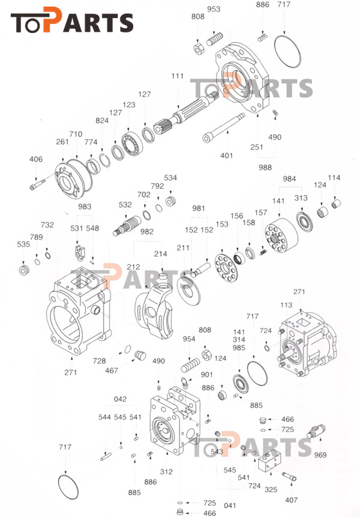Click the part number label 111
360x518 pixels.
point(177,76)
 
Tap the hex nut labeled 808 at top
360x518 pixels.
point(199,48)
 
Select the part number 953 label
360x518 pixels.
point(214,9)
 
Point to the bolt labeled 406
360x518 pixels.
point(37,184)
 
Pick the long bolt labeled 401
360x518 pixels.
point(223,128)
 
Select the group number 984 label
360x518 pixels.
point(289,179)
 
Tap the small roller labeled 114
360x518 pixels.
point(336,203)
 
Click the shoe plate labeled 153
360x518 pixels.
point(226,267)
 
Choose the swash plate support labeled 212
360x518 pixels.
point(154,307)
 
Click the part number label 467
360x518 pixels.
point(112,371)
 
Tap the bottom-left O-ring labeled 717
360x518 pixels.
point(68,486)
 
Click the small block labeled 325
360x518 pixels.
point(269,460)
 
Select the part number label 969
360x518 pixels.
point(320,455)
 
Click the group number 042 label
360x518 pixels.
point(120,399)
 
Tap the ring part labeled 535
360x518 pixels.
point(24,270)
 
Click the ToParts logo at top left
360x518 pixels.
point(72,20)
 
